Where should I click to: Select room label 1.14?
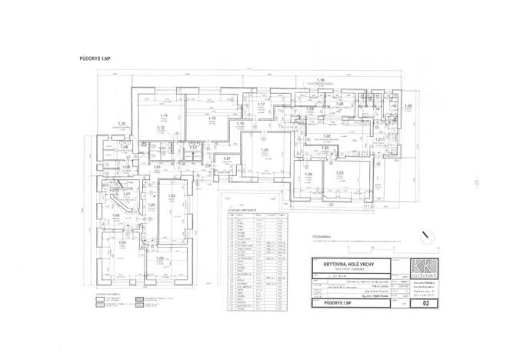pyautogui.click(x=163, y=115)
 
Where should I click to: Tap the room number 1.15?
pyautogui.click(x=212, y=118)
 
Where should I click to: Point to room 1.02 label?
pyautogui.click(x=172, y=196)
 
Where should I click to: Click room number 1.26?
pyautogui.click(x=265, y=149)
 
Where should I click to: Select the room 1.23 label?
pyautogui.click(x=338, y=174)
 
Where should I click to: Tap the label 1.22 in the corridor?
pyautogui.click(x=326, y=135)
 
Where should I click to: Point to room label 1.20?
pyautogui.click(x=409, y=105)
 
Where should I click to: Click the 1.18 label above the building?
pyautogui.click(x=321, y=80)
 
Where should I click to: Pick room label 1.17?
pyautogui.click(x=261, y=105)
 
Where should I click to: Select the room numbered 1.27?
pyautogui.click(x=227, y=158)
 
